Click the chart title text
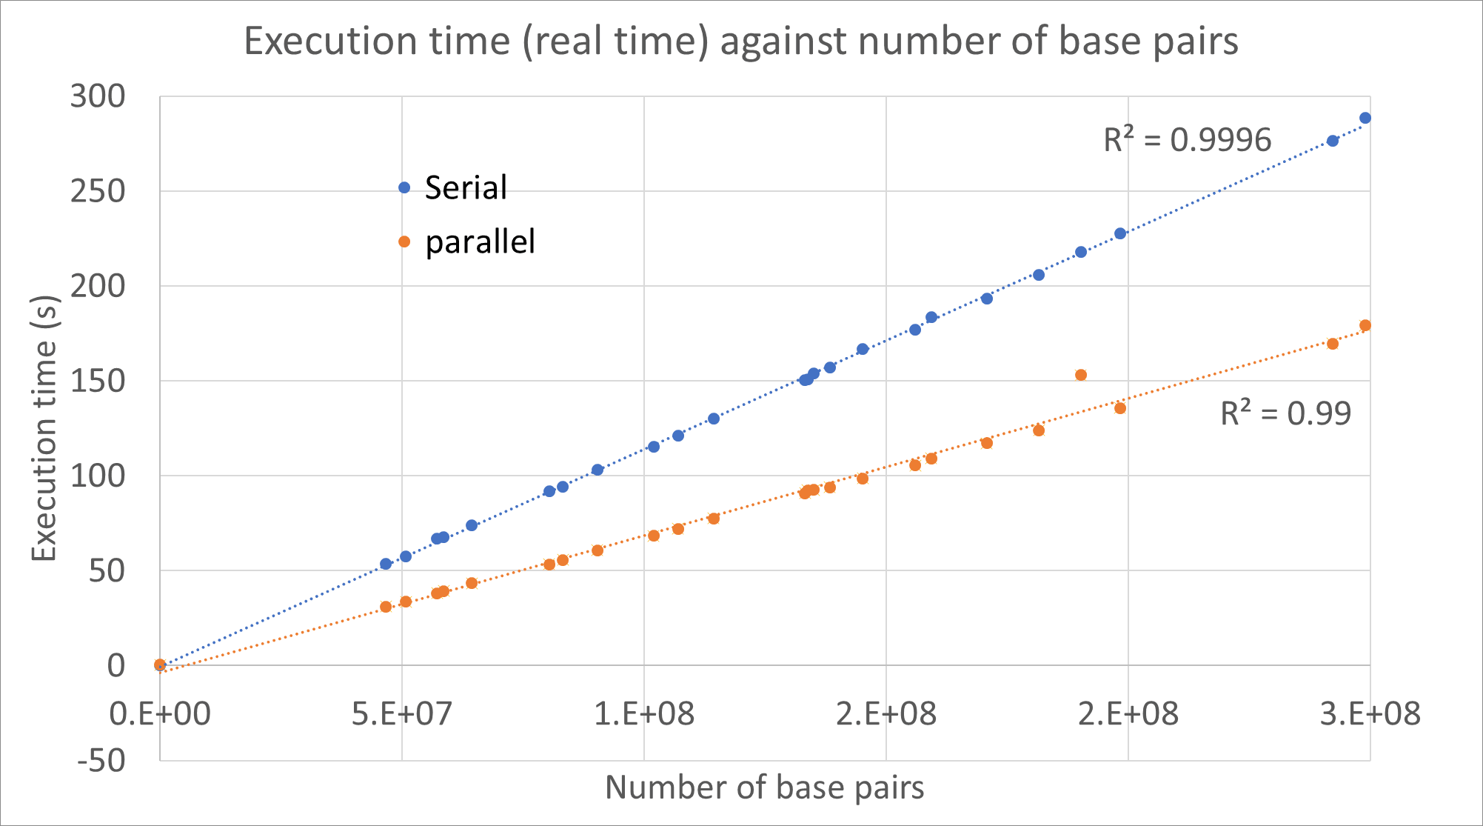[740, 41]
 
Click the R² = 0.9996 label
[1187, 139]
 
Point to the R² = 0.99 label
[1285, 413]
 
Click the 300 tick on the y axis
[98, 96]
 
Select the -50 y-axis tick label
[101, 760]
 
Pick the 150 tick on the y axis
[98, 381]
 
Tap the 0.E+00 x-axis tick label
[160, 714]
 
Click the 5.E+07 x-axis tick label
[401, 714]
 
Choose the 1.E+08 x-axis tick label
[644, 714]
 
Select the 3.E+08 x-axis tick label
[1370, 714]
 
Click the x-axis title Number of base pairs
[764, 787]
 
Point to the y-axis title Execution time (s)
[44, 428]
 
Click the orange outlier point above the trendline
[1080, 375]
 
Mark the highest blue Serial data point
[1365, 118]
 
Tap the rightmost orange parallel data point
[1365, 325]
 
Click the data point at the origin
[160, 665]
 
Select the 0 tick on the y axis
[116, 665]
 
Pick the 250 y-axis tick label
[98, 191]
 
